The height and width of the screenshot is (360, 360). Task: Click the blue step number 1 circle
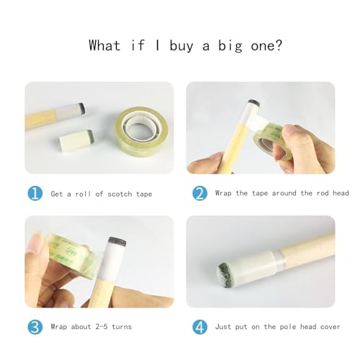point(35,193)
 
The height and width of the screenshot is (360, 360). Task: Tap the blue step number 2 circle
point(199,193)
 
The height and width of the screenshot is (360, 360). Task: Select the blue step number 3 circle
point(35,327)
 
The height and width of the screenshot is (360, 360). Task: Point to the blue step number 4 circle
point(199,327)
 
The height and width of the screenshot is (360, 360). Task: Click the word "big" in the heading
point(230,45)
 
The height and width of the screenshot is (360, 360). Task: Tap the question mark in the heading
point(279,45)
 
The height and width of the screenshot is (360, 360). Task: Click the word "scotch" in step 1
point(120,194)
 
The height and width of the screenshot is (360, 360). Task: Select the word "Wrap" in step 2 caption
point(223,193)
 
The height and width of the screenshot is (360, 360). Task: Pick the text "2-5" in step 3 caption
point(102,326)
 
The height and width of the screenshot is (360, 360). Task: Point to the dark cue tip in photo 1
point(81,108)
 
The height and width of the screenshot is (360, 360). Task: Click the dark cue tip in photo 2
point(253,103)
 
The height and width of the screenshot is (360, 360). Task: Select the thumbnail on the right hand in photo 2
point(289,133)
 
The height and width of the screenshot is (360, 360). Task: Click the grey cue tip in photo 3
point(117,241)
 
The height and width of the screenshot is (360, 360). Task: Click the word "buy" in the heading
point(181,46)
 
